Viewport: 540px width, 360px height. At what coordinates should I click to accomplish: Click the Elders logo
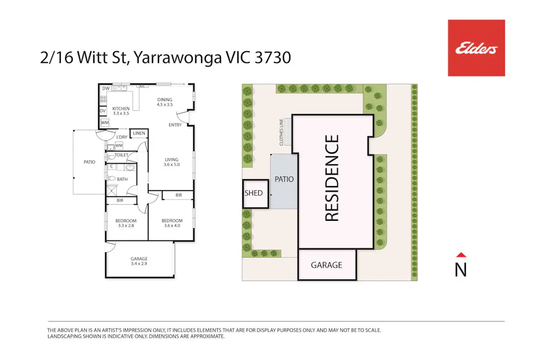pos(476,48)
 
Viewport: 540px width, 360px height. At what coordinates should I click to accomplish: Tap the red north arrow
pos(461,255)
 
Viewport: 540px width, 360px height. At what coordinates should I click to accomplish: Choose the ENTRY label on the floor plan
pos(175,125)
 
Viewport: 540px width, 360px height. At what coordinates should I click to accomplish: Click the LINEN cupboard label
pos(139,133)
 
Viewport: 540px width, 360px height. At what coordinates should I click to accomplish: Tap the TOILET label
pos(121,155)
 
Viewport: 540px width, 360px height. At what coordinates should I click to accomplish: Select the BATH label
pos(122,179)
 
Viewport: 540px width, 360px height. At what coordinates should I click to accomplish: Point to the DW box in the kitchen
pos(106,89)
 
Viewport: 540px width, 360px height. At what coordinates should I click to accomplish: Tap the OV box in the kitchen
pos(103,111)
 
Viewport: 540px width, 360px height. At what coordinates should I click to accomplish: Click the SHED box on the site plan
pos(253,193)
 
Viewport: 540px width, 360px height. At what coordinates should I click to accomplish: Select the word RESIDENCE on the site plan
pos(332,178)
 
